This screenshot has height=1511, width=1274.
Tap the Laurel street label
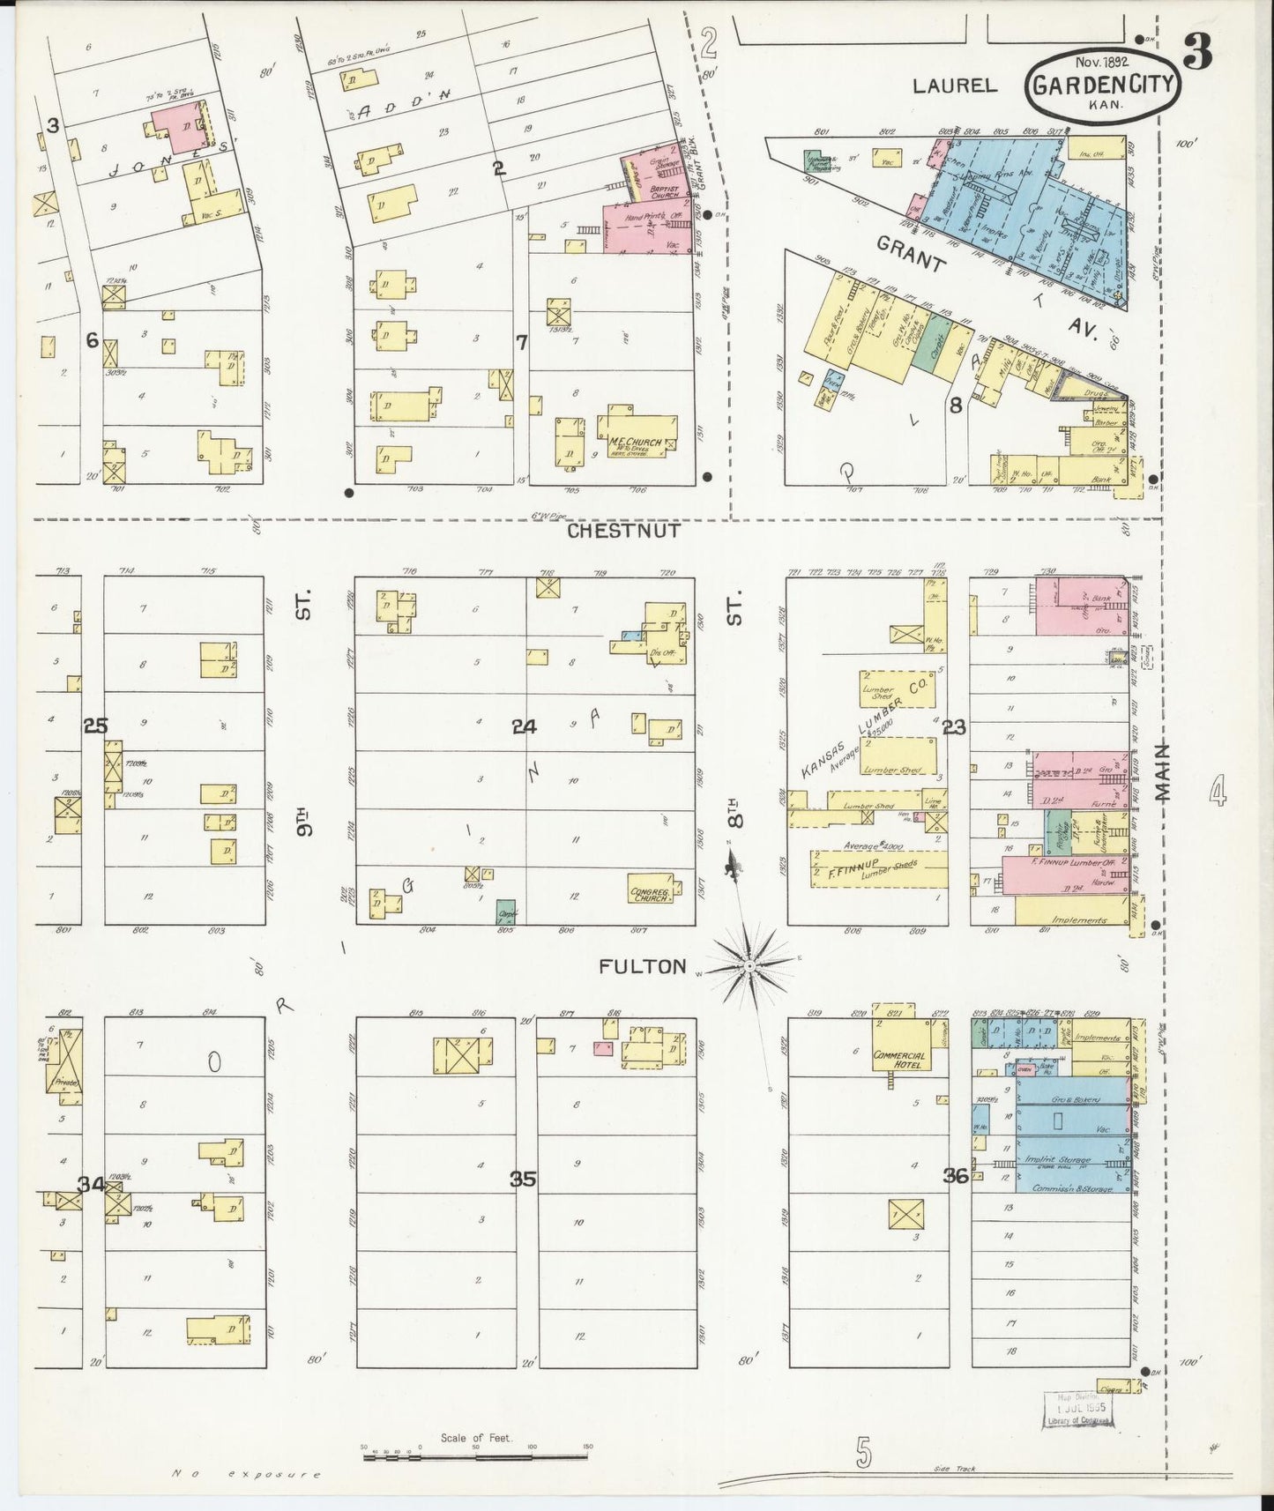[x=954, y=86]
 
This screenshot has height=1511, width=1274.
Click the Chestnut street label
[x=622, y=531]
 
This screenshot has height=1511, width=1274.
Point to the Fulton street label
[x=642, y=966]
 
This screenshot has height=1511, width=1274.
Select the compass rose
[x=749, y=966]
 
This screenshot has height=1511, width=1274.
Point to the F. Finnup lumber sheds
[x=877, y=868]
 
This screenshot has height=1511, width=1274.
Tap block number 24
[x=524, y=726]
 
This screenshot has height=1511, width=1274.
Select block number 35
[x=523, y=1179]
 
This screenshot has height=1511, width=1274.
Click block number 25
[x=95, y=726]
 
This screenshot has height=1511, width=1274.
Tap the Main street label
[x=1162, y=772]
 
